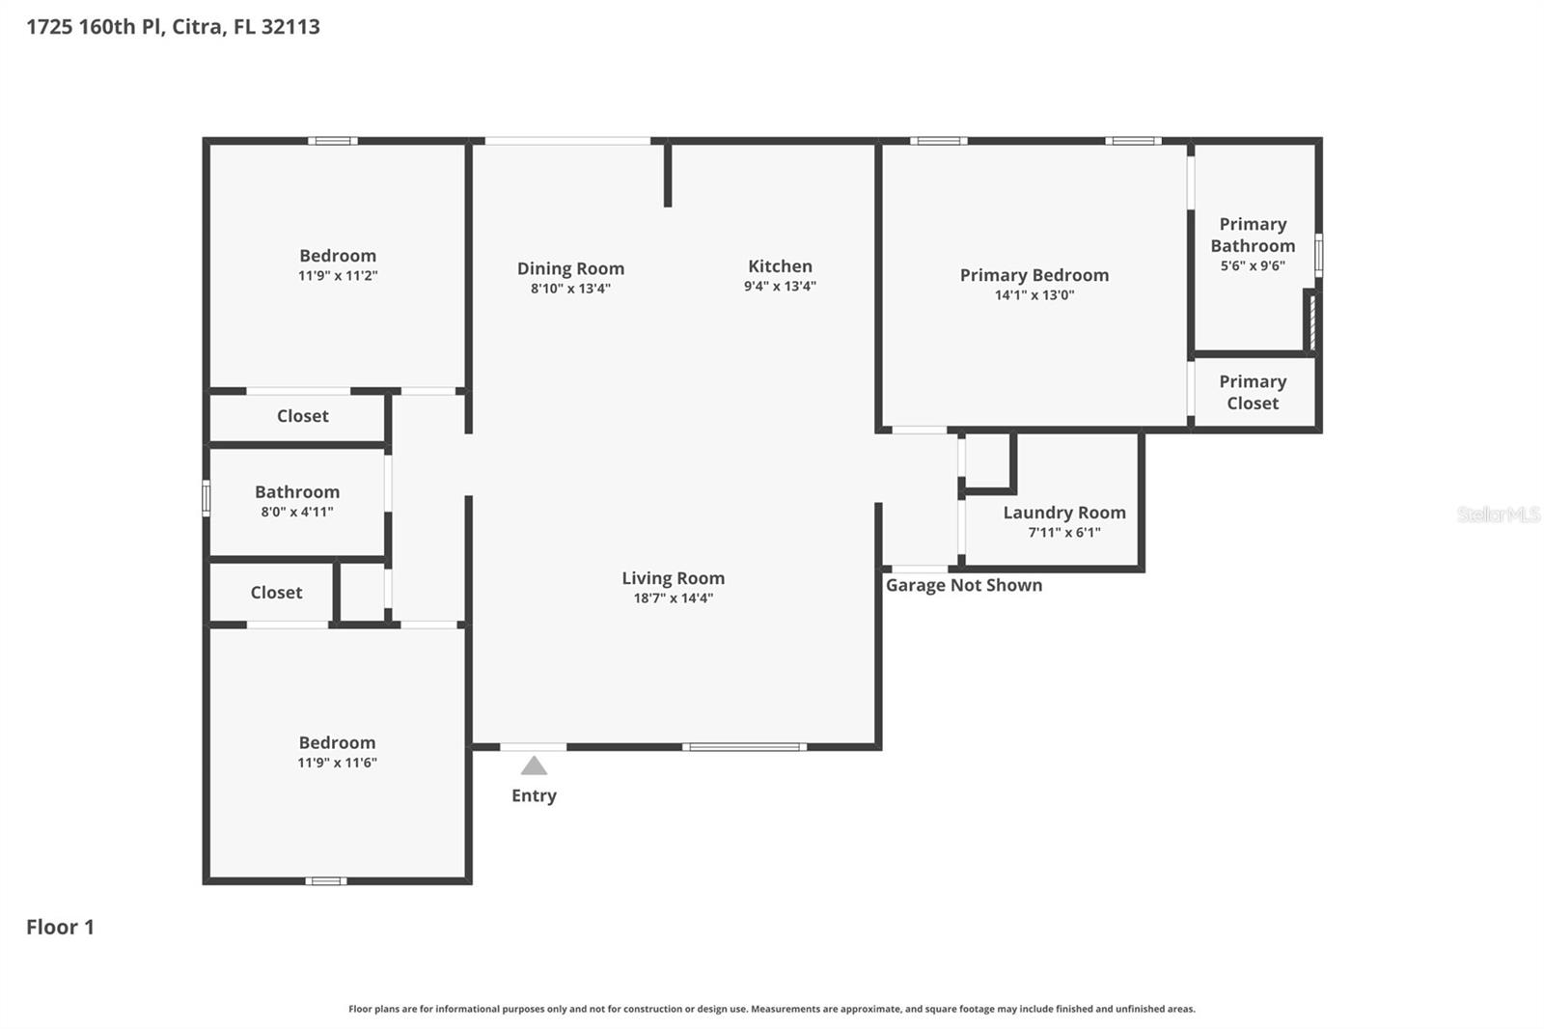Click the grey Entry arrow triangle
(534, 765)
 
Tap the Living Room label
(673, 578)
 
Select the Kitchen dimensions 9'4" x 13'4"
(780, 286)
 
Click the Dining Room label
(570, 268)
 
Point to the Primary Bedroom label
(1034, 275)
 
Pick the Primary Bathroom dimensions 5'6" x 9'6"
(1253, 265)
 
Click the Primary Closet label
(1253, 392)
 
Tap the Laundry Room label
(1063, 513)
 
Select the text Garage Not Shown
(963, 585)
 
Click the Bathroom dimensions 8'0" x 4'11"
(296, 512)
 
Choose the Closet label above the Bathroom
(302, 416)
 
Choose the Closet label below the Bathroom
(276, 593)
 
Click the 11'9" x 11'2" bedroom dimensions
(337, 275)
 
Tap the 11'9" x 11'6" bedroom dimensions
(337, 763)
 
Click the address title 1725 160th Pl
(173, 26)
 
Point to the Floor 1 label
(60, 927)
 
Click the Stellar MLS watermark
(1498, 514)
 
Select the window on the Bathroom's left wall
(206, 499)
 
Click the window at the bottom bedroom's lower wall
(326, 880)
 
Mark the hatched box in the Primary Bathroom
(1311, 320)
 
